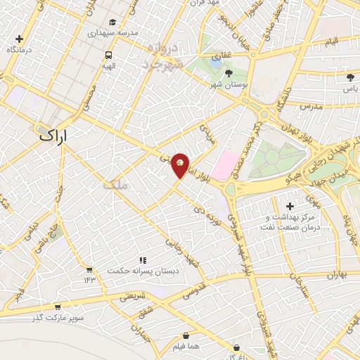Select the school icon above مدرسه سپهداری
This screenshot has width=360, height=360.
114,23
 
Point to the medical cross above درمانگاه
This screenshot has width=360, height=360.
19,40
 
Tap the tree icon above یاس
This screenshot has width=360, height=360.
349,79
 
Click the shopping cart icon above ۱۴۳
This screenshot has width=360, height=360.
89,269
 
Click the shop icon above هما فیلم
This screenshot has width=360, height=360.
186,337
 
